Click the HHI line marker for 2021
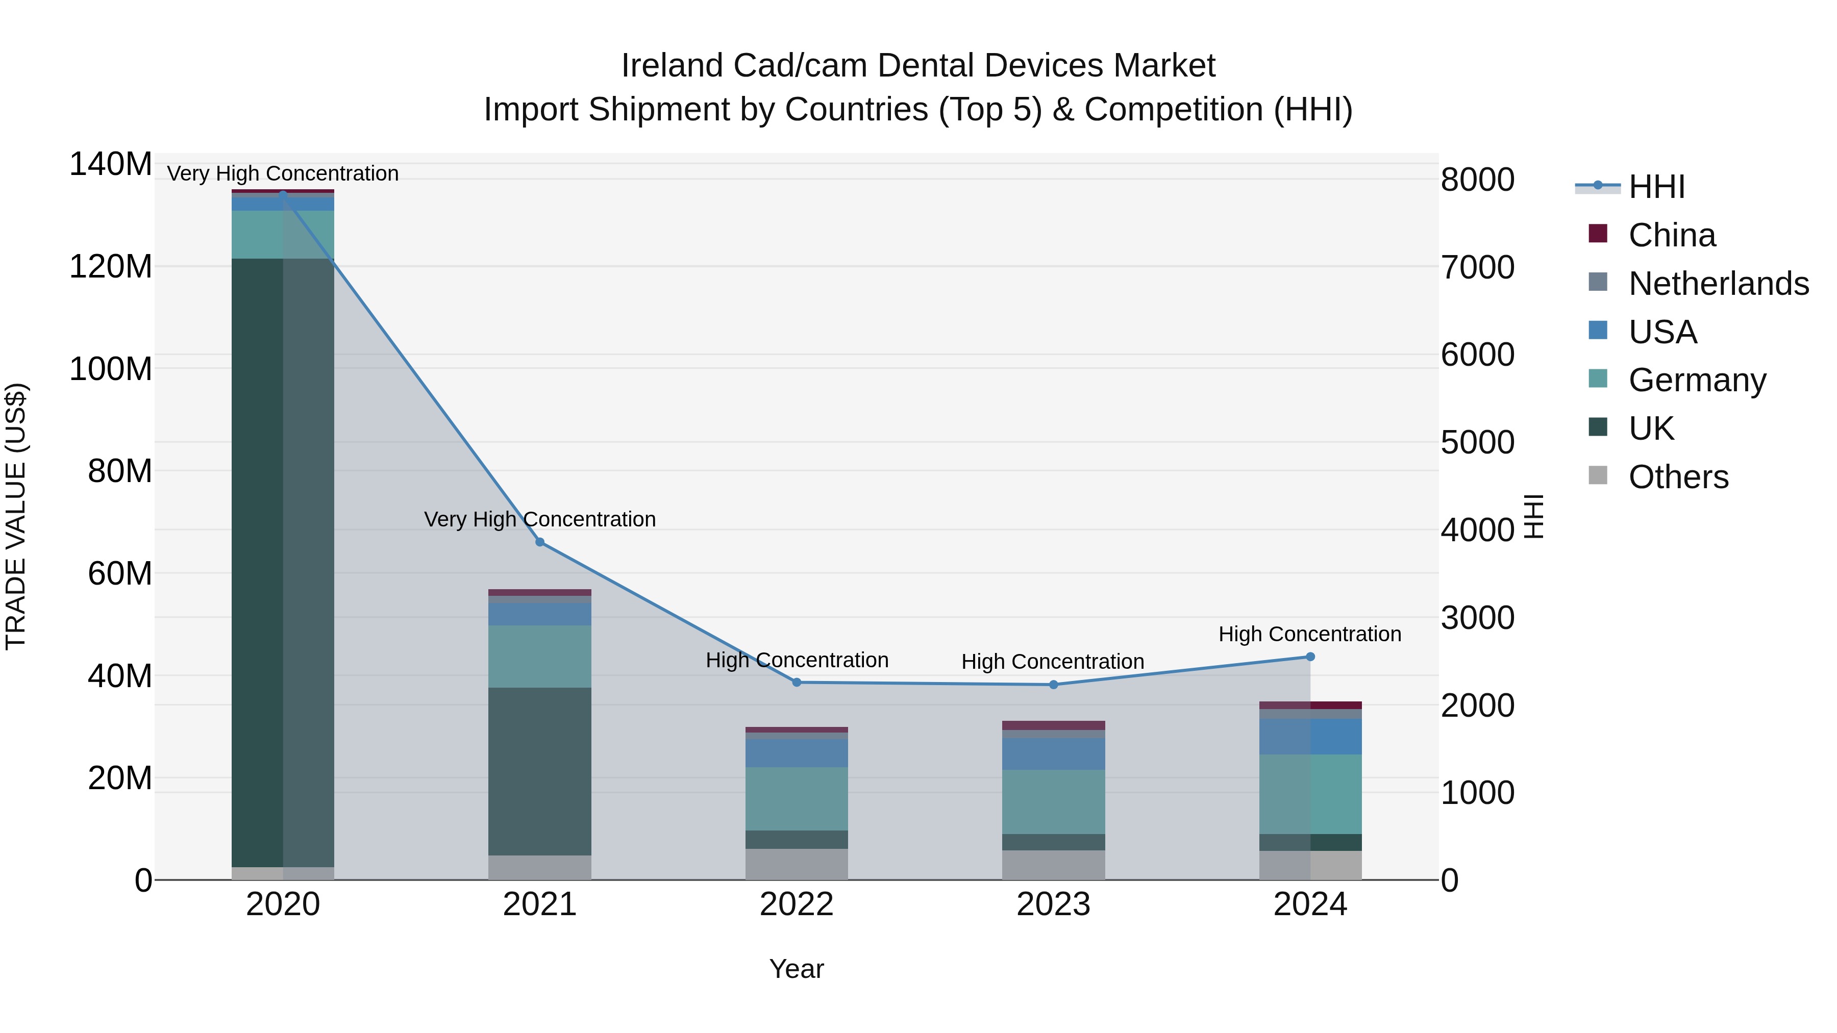point(540,543)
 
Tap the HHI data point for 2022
point(797,682)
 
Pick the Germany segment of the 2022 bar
point(797,798)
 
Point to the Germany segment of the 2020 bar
point(283,235)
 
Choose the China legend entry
point(1672,235)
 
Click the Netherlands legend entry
point(1719,284)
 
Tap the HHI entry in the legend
point(1656,187)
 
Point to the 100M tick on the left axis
point(111,369)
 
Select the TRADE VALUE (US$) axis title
point(16,516)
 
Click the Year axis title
point(797,969)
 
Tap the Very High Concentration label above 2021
point(540,519)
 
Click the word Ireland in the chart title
point(673,66)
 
